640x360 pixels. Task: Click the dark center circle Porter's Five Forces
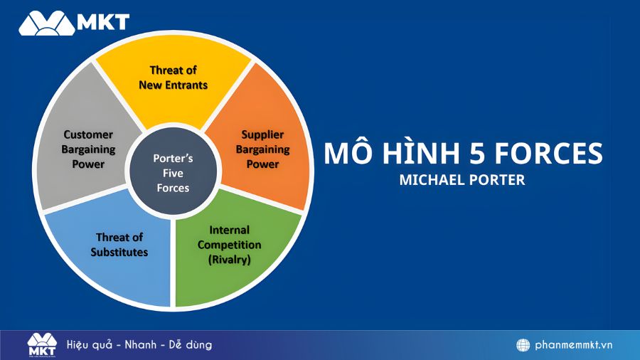tap(172, 173)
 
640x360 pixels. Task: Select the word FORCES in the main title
tap(547, 154)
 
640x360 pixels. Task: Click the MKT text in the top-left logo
tap(105, 21)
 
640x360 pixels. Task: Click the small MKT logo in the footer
tap(42, 345)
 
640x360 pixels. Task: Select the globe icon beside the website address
tap(523, 345)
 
